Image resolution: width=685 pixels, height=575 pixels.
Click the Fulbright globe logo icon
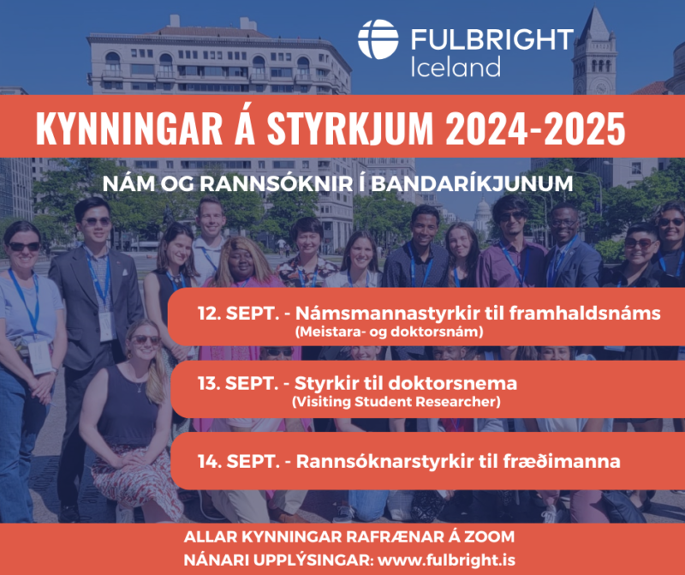[x=378, y=39]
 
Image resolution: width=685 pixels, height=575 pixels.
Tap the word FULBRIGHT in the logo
[x=492, y=39]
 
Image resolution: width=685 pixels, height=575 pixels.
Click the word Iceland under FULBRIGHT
[x=456, y=68]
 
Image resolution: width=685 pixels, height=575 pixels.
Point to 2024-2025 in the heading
[x=535, y=129]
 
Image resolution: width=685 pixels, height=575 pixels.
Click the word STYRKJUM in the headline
[x=350, y=129]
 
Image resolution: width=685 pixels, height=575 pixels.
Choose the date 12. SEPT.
[x=238, y=314]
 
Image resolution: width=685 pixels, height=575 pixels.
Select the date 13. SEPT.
[x=238, y=384]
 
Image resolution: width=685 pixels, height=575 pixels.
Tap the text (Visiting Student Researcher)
[x=396, y=401]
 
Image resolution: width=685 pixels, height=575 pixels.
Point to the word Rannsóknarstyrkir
[x=384, y=462]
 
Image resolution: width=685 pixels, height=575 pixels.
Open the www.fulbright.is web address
[x=446, y=560]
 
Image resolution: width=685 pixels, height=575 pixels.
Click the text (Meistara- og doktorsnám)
[x=390, y=332]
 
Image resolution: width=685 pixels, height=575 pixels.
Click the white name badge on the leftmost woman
[x=40, y=356]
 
